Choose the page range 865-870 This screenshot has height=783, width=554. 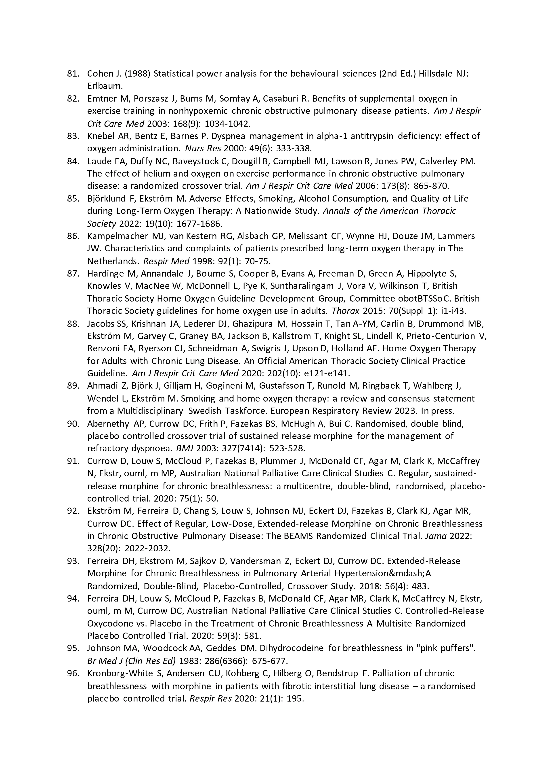(x=431, y=186)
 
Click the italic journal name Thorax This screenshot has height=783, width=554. (x=345, y=311)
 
